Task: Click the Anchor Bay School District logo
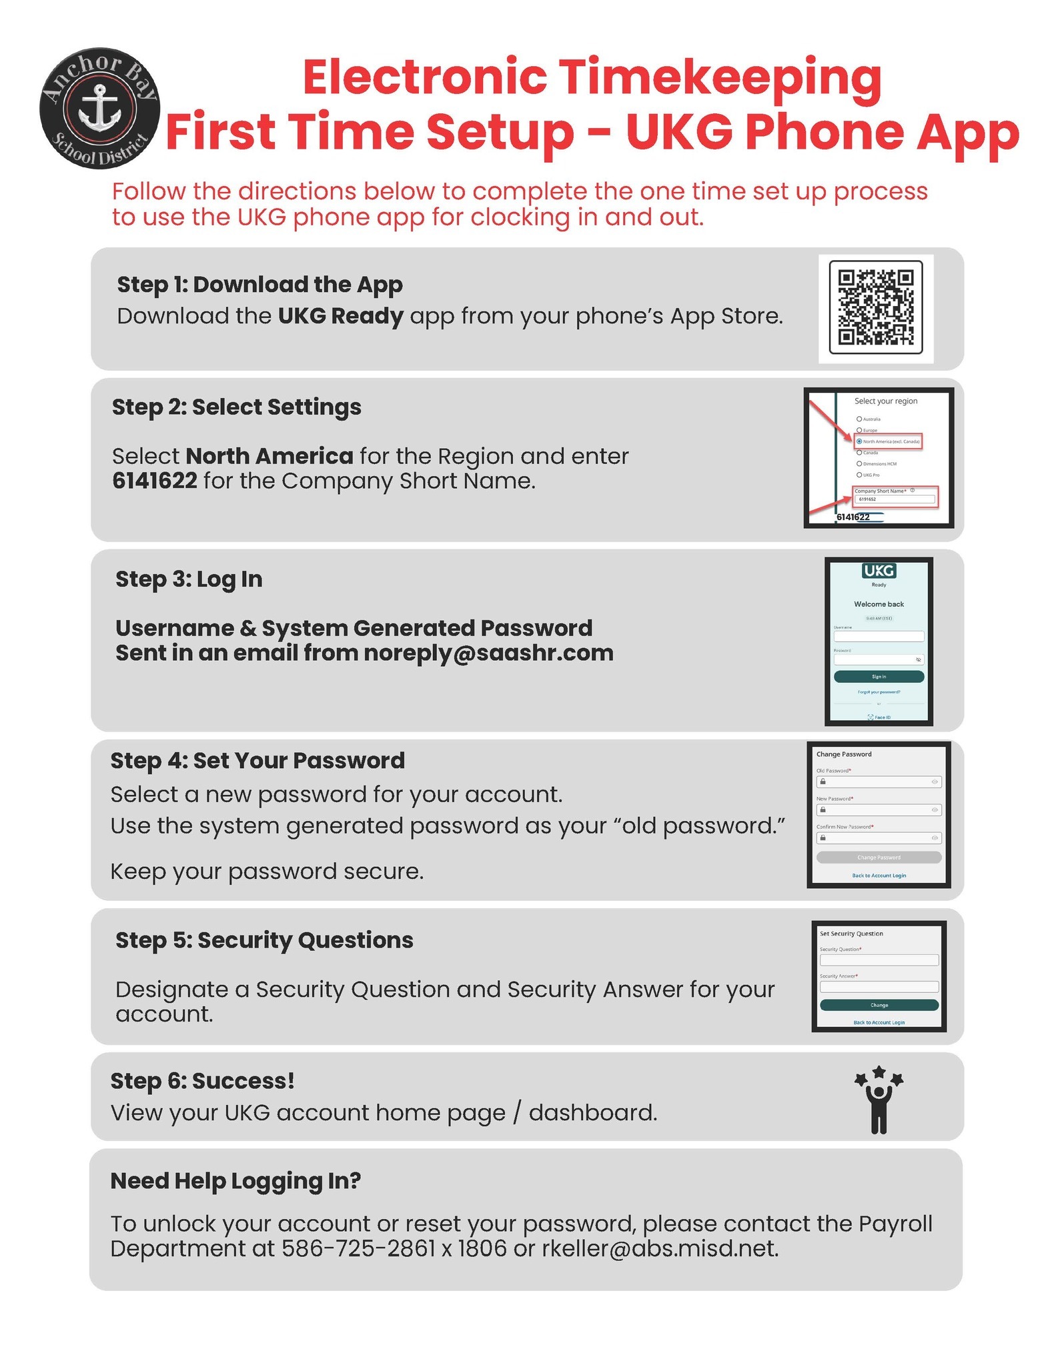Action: point(99,108)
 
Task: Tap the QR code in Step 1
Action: point(875,307)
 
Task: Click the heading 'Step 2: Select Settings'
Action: point(236,407)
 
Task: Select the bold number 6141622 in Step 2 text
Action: point(154,481)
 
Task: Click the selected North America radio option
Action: point(859,441)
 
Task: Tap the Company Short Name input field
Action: point(895,499)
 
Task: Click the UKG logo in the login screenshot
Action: point(879,571)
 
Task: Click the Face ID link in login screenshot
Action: point(879,717)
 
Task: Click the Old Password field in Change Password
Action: point(879,782)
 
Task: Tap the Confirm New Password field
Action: point(879,838)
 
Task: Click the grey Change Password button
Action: point(879,858)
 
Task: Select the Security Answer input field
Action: point(879,987)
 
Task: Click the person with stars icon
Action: point(879,1100)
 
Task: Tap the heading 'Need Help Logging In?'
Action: point(235,1181)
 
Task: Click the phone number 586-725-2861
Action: point(358,1248)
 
